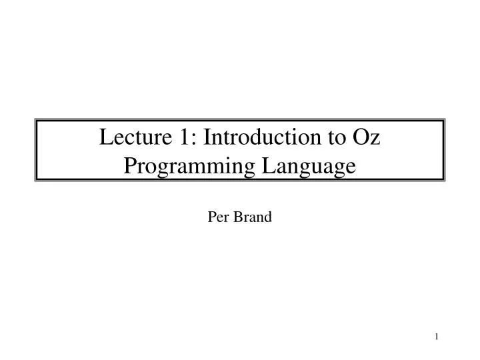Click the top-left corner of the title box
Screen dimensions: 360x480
point(36,120)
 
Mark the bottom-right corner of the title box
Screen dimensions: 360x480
point(444,180)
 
